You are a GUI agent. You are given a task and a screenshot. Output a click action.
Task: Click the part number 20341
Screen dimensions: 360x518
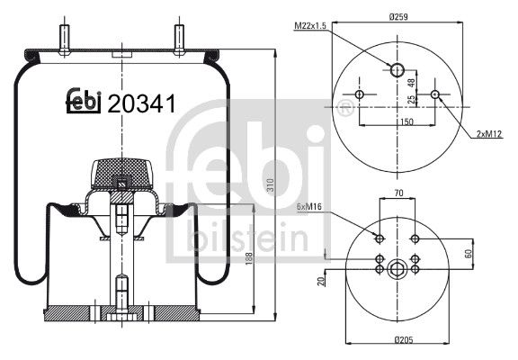[x=140, y=104]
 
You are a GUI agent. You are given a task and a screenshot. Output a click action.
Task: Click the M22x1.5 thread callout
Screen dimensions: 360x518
[x=310, y=26]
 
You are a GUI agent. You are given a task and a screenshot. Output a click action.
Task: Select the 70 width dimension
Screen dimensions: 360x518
[x=397, y=192]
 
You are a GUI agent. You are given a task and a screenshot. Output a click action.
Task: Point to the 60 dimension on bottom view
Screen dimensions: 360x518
[x=469, y=253]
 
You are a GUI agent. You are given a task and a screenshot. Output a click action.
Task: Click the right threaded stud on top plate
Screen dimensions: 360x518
[x=177, y=37]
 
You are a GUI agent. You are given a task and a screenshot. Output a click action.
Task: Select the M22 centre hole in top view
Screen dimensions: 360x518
[x=397, y=68]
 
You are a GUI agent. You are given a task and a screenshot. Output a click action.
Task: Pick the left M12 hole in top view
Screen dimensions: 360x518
[x=360, y=94]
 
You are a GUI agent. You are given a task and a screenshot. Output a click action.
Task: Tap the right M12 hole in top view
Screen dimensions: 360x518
[x=435, y=94]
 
